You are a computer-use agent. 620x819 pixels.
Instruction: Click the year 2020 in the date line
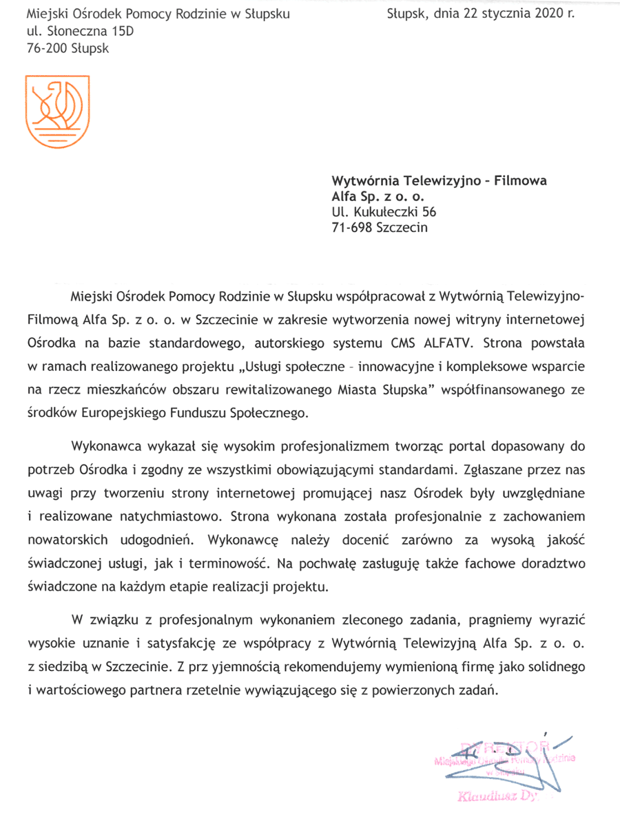pyautogui.click(x=548, y=13)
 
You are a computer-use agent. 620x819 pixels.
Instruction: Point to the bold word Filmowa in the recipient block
pyautogui.click(x=520, y=181)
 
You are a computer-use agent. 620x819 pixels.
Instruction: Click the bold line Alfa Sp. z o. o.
pyautogui.click(x=375, y=197)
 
